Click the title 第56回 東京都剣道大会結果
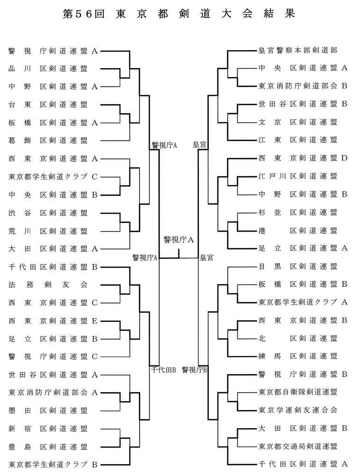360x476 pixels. (179, 14)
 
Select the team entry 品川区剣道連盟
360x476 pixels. (48, 69)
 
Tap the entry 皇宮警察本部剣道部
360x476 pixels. (298, 50)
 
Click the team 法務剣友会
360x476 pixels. (48, 285)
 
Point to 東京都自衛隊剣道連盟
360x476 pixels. (298, 392)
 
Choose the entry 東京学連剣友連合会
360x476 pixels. (298, 410)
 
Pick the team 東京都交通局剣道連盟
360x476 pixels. (298, 446)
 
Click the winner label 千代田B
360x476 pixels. (163, 370)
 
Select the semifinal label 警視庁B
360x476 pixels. (194, 370)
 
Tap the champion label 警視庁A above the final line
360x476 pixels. (179, 240)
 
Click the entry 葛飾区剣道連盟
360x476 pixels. (48, 141)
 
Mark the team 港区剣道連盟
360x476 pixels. (298, 231)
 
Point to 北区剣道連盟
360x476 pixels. (298, 338)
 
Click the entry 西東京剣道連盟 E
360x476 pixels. (53, 321)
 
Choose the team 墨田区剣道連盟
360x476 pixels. (48, 411)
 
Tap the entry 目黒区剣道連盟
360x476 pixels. (298, 267)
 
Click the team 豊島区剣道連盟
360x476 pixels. (48, 447)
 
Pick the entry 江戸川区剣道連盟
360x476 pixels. (298, 176)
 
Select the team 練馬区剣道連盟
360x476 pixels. (298, 356)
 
